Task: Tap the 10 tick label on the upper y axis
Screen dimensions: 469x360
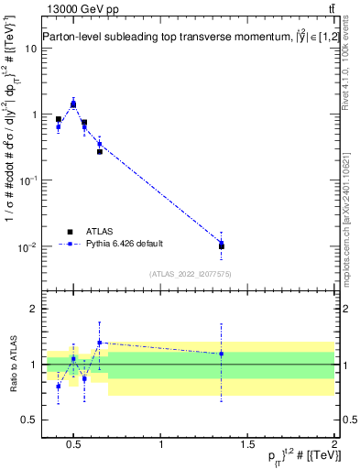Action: click(x=30, y=48)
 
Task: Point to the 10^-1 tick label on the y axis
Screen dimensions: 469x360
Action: click(x=28, y=180)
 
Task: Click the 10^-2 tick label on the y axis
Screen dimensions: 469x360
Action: click(x=28, y=247)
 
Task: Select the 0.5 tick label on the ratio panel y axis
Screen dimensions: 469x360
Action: click(x=28, y=420)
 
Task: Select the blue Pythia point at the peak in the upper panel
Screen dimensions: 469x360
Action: click(x=73, y=104)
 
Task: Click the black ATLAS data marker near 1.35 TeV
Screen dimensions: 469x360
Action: click(x=221, y=246)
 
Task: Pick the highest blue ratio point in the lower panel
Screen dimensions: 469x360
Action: click(x=100, y=343)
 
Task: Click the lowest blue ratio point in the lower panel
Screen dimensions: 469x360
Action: click(x=59, y=387)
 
